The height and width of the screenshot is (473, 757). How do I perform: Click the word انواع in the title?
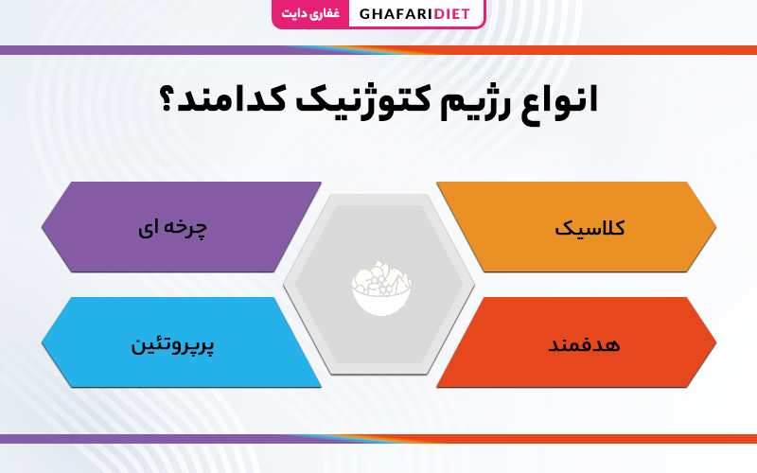(559, 102)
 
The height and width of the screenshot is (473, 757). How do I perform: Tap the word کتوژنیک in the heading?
(362, 100)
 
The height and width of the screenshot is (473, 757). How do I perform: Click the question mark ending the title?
(166, 99)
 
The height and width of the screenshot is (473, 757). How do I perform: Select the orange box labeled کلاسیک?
(576, 227)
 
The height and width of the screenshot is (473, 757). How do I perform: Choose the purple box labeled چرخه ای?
(182, 227)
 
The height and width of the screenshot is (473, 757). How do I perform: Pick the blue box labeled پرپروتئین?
(182, 342)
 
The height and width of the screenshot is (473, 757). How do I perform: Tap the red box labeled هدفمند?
(576, 342)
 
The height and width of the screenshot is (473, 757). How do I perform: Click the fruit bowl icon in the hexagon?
(381, 289)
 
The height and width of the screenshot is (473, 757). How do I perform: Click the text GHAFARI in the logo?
(396, 14)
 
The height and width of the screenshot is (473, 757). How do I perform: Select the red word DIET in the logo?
(452, 14)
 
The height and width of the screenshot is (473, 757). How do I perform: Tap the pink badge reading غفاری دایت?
(310, 13)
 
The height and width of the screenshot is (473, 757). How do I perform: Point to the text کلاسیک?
(590, 227)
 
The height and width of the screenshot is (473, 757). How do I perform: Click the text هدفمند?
(584, 344)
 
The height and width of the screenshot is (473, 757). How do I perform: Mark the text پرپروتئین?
(172, 345)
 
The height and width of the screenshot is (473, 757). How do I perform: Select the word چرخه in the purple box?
(185, 227)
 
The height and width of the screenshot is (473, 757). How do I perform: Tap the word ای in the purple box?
(147, 228)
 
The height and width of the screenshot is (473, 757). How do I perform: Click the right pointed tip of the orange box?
(716, 227)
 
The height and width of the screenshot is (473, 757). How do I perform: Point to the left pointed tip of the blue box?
(42, 342)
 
